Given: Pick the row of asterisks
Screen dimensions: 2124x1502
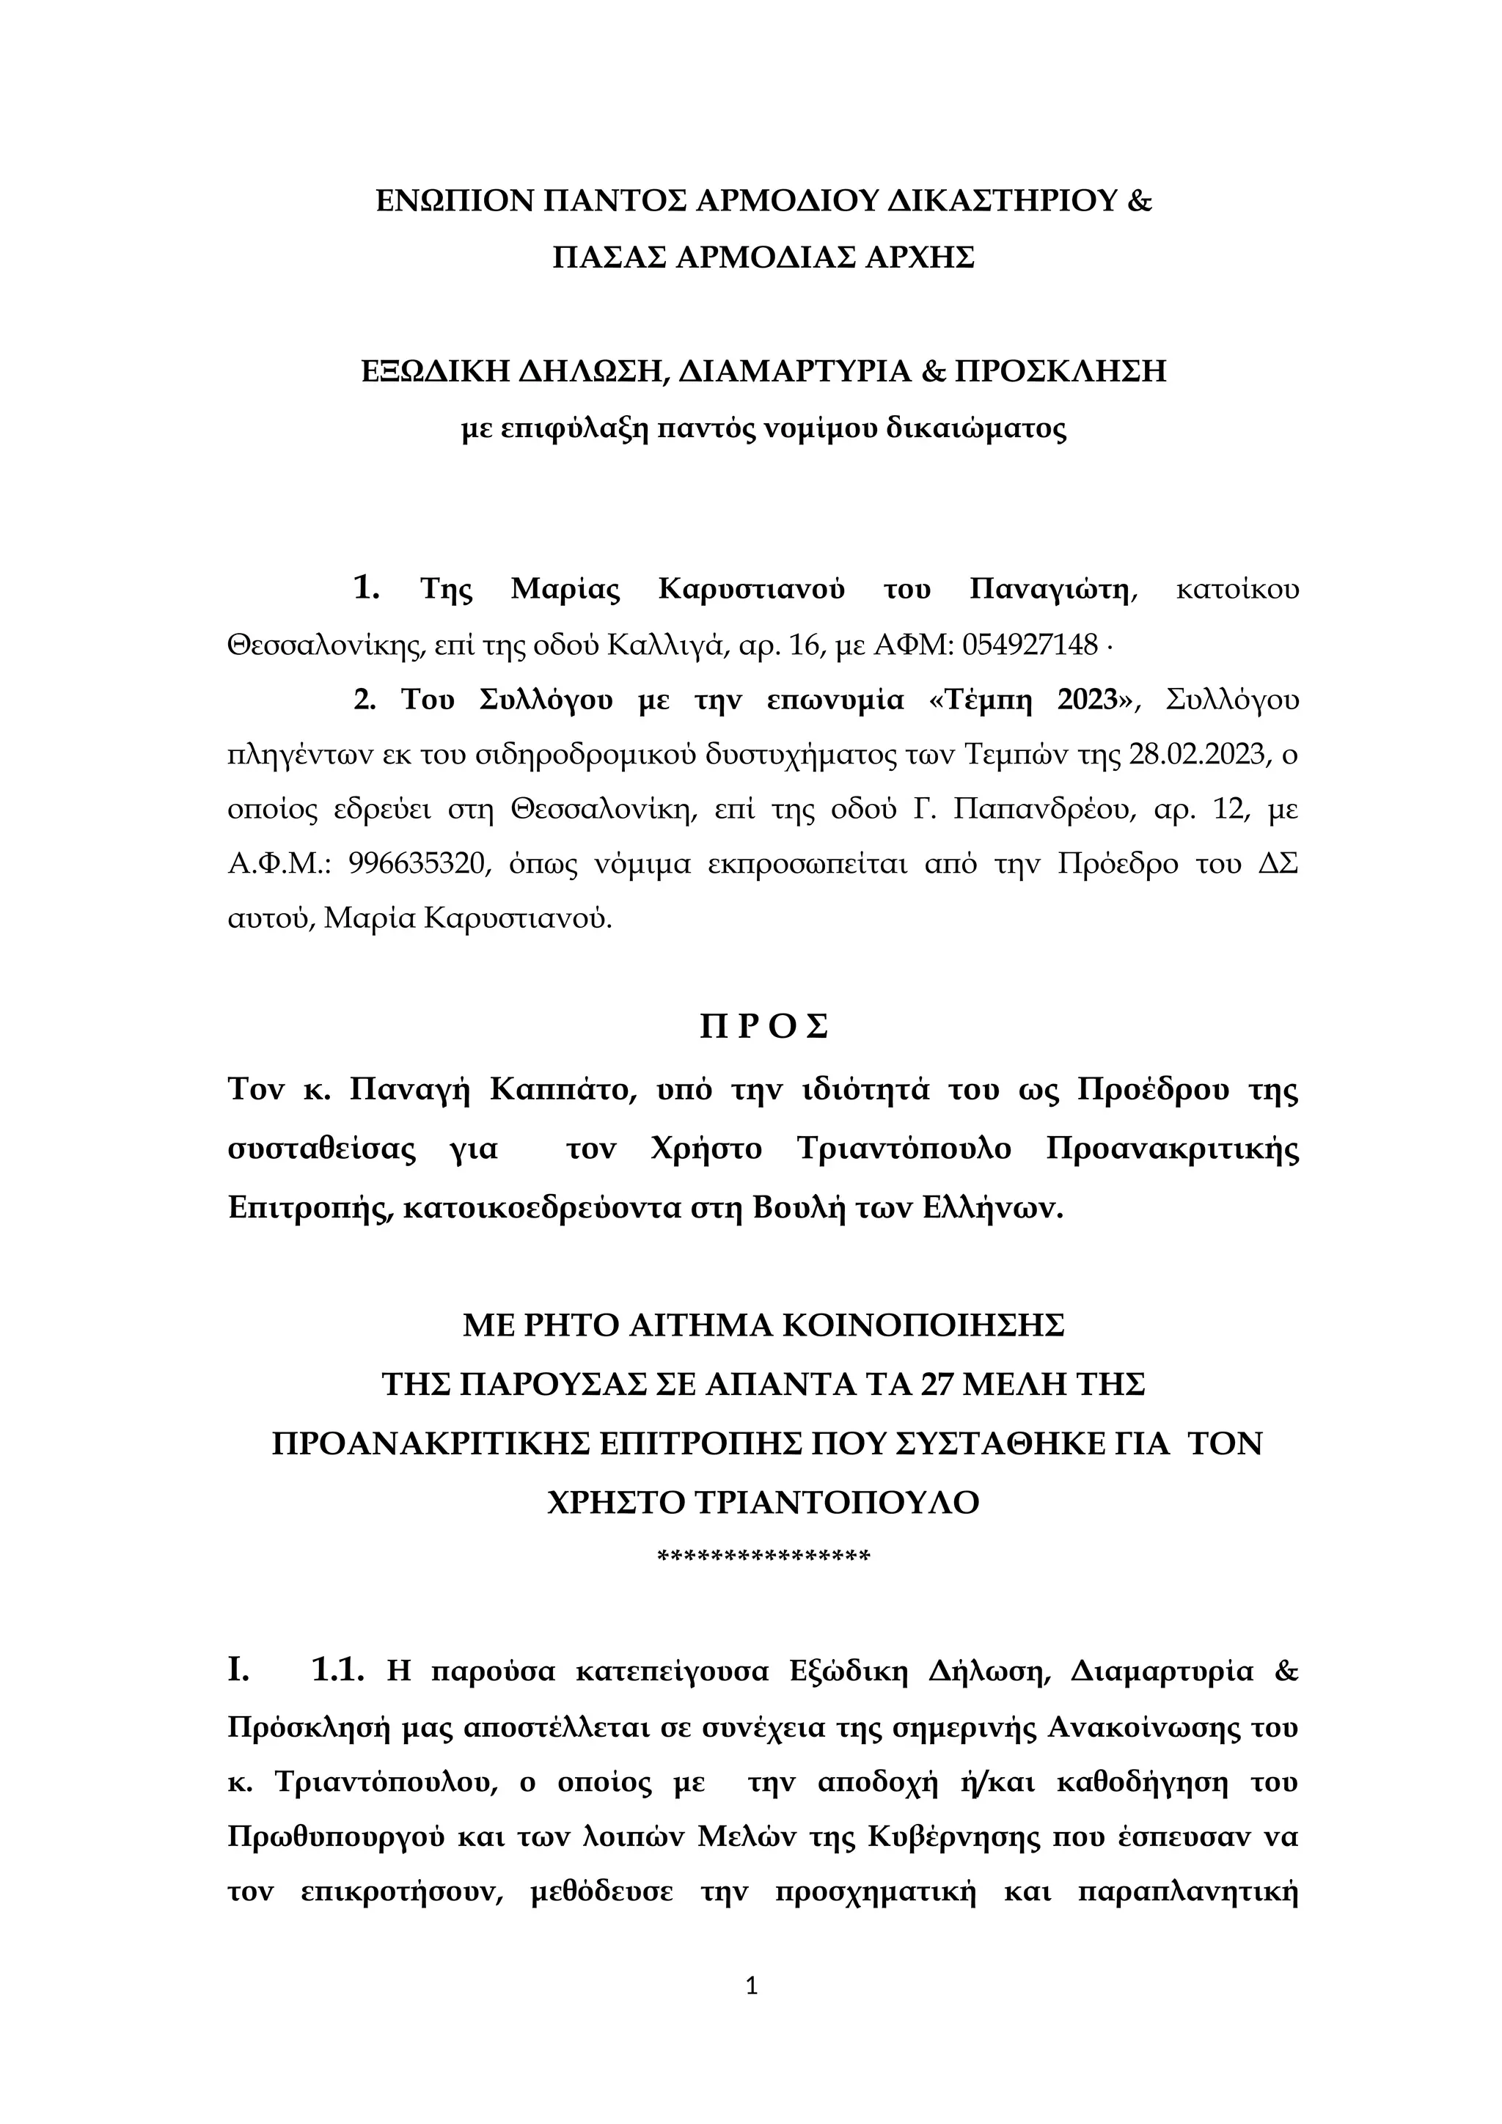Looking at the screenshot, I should click(x=763, y=1558).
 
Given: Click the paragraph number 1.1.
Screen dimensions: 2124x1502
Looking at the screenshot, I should click(x=340, y=1669).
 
